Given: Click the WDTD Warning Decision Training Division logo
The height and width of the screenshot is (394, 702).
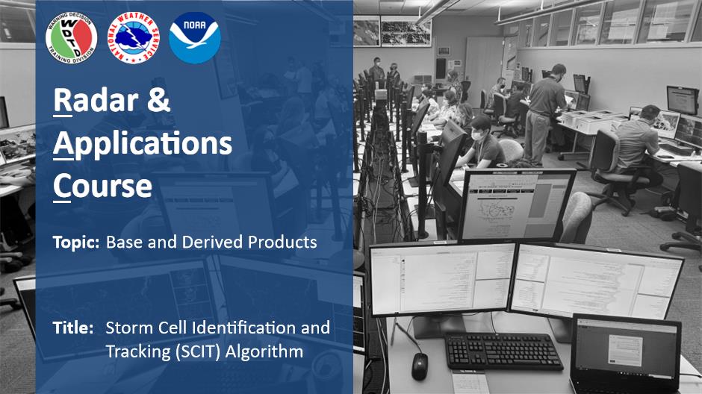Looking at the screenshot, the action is [x=71, y=38].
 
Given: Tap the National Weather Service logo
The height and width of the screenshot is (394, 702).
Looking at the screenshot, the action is [x=134, y=38].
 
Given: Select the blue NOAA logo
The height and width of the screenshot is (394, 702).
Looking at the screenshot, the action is [x=195, y=38].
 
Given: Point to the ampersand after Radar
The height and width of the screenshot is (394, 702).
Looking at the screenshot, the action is [x=158, y=100].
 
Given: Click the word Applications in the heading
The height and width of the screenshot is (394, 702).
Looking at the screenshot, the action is [x=143, y=144].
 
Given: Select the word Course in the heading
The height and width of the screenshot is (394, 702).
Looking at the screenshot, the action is [x=102, y=186].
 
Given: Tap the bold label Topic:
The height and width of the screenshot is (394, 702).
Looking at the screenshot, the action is [x=76, y=243].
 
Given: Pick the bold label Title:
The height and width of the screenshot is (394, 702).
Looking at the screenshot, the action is [x=73, y=328].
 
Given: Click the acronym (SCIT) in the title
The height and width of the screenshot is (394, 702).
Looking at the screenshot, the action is [x=199, y=351].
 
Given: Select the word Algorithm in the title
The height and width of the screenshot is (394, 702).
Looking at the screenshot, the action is [x=264, y=351].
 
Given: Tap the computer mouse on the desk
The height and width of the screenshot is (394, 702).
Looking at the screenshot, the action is [x=419, y=367].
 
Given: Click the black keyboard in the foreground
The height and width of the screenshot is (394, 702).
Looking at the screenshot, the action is [x=503, y=352].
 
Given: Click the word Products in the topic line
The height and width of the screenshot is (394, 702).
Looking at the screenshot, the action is [x=282, y=242].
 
